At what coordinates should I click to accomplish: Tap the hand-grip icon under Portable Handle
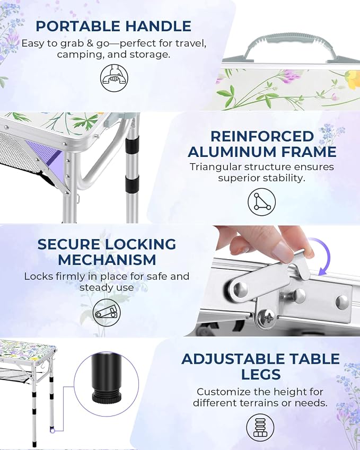115,78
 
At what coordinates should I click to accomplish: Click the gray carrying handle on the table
291,47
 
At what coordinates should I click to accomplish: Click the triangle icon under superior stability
261,201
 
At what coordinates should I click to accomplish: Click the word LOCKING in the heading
140,244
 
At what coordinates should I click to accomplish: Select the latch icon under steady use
107,313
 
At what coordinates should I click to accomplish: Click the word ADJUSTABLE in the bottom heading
233,359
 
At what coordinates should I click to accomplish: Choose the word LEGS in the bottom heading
261,375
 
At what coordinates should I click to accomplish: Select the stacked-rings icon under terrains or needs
260,428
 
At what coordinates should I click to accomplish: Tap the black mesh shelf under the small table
17,375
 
